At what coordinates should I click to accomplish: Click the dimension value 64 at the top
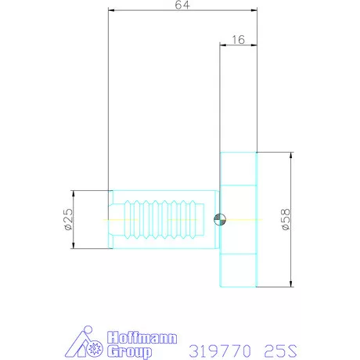182,5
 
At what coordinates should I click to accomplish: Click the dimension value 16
238,38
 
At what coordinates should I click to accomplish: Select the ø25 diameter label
68,219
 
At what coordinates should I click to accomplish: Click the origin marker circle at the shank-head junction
220,219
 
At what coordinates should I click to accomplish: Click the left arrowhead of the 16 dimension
223,45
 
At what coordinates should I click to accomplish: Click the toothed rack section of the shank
164,219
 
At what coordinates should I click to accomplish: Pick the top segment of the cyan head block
238,168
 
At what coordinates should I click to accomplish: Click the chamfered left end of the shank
110,219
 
